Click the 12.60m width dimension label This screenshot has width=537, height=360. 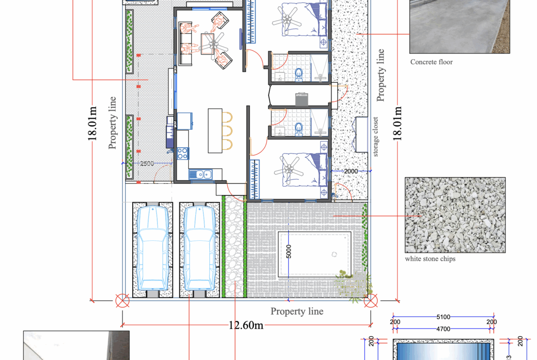tap(246, 325)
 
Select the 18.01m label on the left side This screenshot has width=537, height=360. tap(93, 123)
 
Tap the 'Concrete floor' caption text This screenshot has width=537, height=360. tap(431, 62)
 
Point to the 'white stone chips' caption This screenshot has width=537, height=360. tap(430, 259)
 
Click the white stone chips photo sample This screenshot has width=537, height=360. tap(455, 215)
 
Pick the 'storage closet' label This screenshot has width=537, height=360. tap(375, 137)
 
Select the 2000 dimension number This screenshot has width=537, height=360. tap(351, 171)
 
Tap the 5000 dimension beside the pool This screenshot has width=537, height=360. tap(289, 251)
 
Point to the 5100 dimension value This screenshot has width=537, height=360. tap(443, 316)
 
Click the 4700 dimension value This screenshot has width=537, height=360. tap(443, 328)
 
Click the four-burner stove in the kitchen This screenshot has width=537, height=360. tap(182, 153)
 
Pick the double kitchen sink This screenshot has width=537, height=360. tap(202, 174)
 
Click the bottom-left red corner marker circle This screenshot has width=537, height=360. tap(122, 301)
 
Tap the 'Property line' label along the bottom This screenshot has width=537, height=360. tap(296, 311)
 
